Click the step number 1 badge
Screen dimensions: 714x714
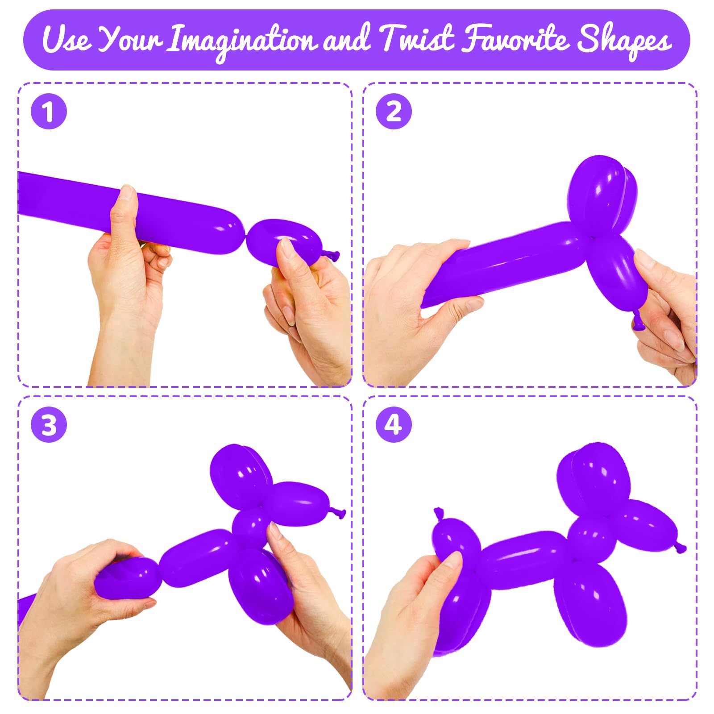pos(49,111)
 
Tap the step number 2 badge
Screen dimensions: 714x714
pos(393,111)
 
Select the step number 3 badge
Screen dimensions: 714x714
pos(49,424)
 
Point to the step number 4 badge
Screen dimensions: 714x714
pos(393,424)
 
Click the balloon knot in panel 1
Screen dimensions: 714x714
pos(331,256)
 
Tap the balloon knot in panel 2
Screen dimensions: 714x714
pos(638,320)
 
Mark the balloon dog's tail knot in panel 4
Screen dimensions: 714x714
pos(440,514)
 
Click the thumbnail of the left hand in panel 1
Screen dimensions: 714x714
pos(128,194)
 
